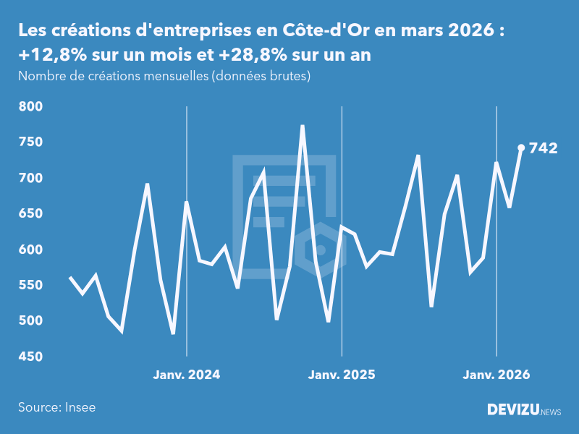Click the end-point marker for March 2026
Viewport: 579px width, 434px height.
(521, 148)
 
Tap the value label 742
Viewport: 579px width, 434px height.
(543, 148)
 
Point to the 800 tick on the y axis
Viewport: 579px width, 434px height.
(30, 106)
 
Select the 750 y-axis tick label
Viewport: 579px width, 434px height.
(30, 142)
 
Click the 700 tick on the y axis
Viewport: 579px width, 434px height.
(30, 178)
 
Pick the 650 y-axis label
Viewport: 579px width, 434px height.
(30, 214)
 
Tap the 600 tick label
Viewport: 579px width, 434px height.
(30, 250)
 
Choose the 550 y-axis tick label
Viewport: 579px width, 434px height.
(30, 286)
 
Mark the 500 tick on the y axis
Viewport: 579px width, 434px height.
(30, 321)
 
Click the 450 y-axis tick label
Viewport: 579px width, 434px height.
(30, 357)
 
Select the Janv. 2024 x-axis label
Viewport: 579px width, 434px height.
(187, 375)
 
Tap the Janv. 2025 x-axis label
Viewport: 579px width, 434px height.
(342, 375)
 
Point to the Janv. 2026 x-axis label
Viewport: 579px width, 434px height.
(496, 375)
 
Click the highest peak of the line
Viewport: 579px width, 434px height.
(303, 126)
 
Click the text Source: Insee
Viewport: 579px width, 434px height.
(56, 407)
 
